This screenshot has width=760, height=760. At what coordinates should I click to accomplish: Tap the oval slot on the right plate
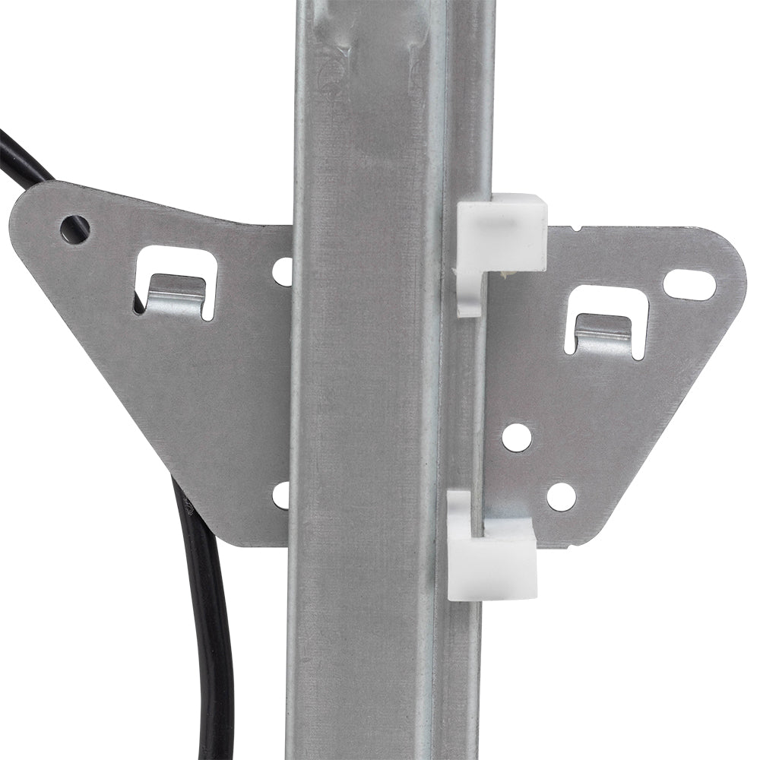pos(689,284)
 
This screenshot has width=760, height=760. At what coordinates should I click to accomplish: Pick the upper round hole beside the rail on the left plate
pos(283,271)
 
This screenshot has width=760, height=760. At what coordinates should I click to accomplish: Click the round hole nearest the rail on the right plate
pos(517,437)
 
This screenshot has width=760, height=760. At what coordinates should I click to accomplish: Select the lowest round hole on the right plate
pos(561,496)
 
